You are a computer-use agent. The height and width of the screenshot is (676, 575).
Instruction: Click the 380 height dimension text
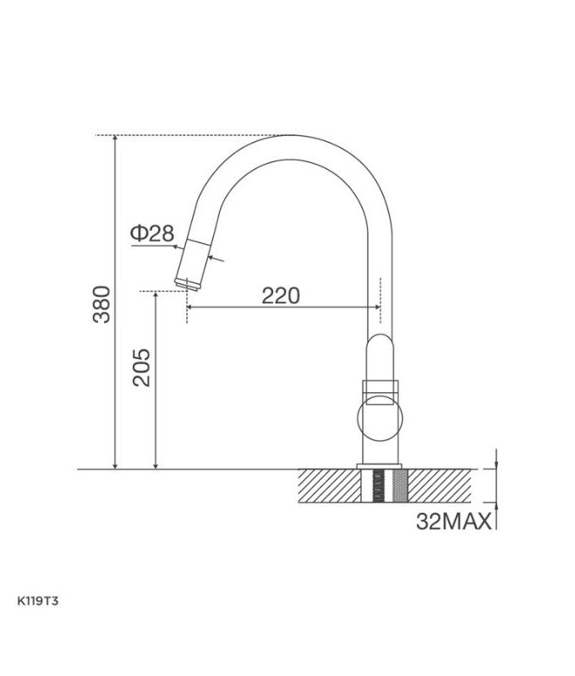(x=101, y=304)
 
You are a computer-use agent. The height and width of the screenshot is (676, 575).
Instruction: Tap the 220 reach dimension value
(x=280, y=296)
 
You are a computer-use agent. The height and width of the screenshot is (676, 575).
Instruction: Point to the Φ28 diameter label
(x=152, y=234)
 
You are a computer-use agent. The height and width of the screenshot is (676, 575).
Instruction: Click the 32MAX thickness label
(x=454, y=521)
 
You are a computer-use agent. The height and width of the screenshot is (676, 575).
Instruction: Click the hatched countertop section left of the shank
(x=330, y=486)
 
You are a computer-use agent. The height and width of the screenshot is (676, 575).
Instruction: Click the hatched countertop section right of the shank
(x=440, y=486)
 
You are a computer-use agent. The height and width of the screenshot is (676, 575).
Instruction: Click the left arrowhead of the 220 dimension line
(x=190, y=307)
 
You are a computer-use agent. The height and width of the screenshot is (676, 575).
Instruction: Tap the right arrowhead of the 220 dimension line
(x=375, y=307)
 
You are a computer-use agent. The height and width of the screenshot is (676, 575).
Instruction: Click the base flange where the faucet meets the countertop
(x=381, y=466)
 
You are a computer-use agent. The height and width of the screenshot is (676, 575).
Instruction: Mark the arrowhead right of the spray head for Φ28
(x=212, y=259)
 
